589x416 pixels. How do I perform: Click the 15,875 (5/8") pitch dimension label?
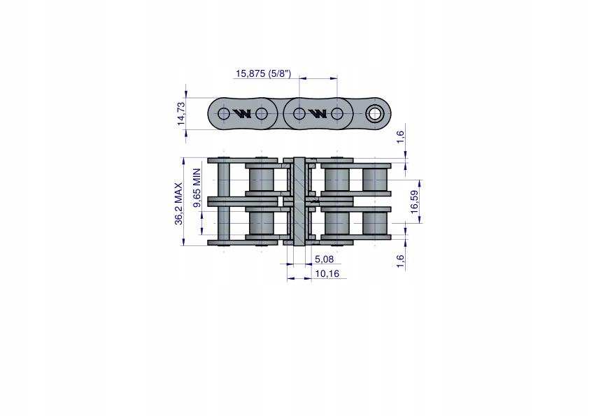coord(263,73)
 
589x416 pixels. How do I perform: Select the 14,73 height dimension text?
coord(181,113)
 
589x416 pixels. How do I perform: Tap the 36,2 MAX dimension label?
coord(178,204)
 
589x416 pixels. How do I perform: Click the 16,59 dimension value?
coord(414,202)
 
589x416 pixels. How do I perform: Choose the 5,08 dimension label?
coord(324,259)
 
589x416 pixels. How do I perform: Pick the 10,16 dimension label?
coord(327,273)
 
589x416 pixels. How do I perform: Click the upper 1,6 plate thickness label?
coord(400,136)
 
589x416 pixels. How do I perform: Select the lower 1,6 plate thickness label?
coord(400,261)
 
